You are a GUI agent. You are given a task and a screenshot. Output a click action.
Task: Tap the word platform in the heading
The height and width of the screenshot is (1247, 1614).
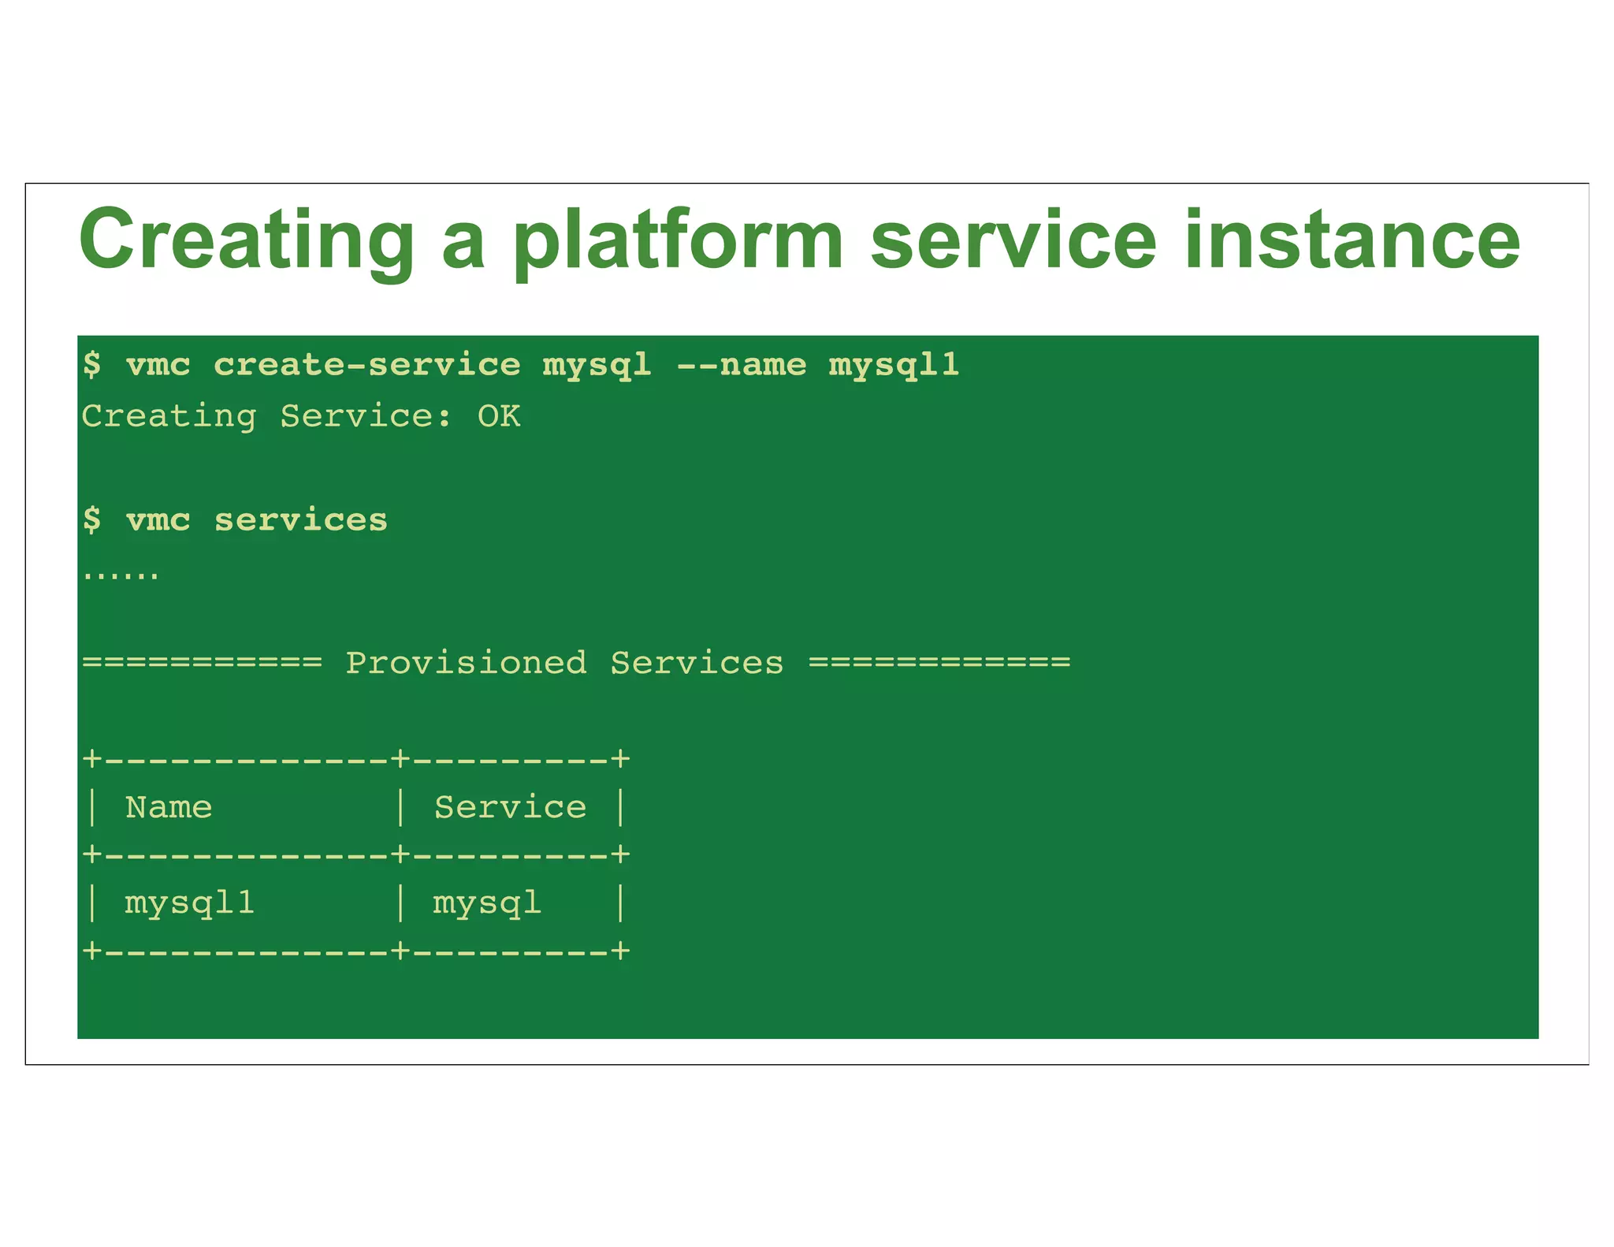678,240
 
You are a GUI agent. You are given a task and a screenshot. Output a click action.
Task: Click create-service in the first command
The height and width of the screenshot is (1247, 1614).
366,365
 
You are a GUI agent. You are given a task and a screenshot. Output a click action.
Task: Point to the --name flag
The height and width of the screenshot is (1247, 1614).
741,365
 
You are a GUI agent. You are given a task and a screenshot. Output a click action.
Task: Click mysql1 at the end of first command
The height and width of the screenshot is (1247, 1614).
894,365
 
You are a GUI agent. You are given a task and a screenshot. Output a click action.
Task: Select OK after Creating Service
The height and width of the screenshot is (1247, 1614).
498,416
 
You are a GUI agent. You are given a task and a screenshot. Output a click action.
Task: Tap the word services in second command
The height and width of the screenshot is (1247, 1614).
301,520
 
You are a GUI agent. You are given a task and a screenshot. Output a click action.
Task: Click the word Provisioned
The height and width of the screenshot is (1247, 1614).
466,663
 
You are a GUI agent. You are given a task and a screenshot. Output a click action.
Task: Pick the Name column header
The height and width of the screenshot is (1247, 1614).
169,807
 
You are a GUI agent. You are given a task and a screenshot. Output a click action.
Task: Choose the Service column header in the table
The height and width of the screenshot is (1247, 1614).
510,807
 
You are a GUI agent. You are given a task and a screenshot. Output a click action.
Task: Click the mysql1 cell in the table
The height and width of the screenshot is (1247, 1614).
189,903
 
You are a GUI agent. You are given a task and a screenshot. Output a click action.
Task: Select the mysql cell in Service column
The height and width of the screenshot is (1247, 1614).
486,903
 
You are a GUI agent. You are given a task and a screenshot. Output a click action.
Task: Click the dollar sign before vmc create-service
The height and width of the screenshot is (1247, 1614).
92,365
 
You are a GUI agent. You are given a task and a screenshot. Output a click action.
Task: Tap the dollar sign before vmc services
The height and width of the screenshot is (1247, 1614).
92,520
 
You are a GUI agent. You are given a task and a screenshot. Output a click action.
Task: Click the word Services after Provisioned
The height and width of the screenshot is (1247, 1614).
697,663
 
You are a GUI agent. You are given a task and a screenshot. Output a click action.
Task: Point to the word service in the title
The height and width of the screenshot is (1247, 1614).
1013,240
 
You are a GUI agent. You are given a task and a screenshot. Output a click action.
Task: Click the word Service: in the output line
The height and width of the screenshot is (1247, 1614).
366,416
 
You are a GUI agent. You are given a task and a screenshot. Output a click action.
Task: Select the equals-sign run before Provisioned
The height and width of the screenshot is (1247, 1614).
202,662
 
